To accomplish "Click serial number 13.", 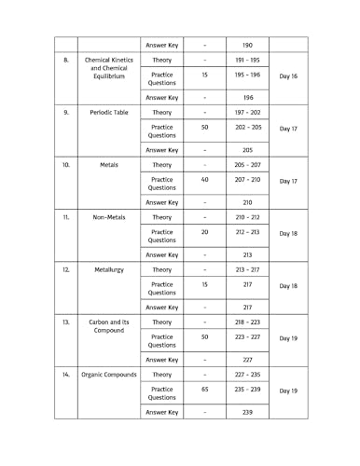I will click(x=66, y=322).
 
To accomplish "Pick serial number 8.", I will click(x=66, y=60).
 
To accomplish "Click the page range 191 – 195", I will click(x=247, y=60).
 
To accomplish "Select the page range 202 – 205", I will click(x=247, y=128).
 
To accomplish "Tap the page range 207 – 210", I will click(x=247, y=180).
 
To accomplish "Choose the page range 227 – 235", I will click(x=247, y=374).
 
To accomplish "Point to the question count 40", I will click(x=204, y=180).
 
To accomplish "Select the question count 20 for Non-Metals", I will click(x=204, y=232).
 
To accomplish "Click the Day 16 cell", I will click(x=288, y=75).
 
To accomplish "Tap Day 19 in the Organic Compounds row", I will click(x=288, y=391).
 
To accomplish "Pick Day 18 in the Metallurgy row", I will click(x=288, y=286).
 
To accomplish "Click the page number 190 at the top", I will click(x=247, y=44).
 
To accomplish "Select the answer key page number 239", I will click(x=247, y=412).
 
